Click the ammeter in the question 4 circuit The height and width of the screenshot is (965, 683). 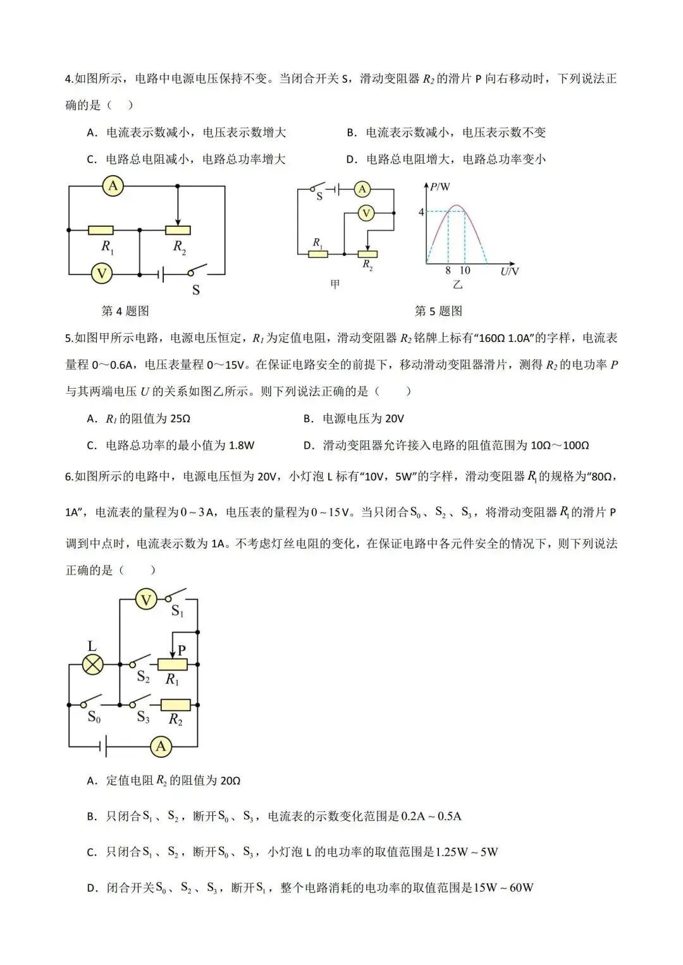(x=113, y=186)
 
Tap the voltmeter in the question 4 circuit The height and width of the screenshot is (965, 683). (x=101, y=274)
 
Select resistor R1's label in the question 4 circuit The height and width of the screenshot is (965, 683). (x=108, y=246)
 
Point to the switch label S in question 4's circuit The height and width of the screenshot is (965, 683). (x=195, y=290)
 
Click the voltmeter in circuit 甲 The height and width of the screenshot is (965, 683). (x=366, y=214)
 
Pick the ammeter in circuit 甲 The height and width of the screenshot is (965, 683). (x=362, y=189)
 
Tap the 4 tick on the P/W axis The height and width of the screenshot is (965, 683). (x=421, y=212)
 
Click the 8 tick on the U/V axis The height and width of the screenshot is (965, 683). (x=448, y=270)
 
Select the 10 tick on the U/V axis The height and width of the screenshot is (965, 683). (x=465, y=270)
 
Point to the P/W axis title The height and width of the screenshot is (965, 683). (x=440, y=187)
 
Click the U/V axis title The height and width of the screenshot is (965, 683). (x=509, y=271)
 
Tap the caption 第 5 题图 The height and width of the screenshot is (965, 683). (x=438, y=311)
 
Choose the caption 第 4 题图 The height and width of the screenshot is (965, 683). (x=125, y=311)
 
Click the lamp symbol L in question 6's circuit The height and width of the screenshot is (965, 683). (x=94, y=664)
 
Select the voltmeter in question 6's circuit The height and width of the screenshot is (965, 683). (x=146, y=599)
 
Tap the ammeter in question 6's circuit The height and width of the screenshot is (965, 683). (x=161, y=746)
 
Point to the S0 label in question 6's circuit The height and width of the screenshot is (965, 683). (x=94, y=717)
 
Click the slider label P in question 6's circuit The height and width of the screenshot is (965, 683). (x=182, y=650)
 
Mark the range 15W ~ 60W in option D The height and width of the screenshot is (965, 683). (x=503, y=888)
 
